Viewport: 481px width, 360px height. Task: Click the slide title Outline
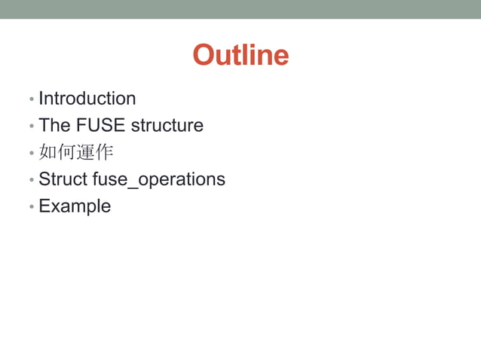(x=240, y=55)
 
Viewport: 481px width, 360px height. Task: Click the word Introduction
(x=87, y=99)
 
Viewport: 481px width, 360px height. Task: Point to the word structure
(x=167, y=125)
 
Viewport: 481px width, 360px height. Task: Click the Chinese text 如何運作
(x=75, y=152)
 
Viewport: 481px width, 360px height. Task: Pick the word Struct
(x=63, y=179)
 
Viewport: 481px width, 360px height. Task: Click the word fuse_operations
(x=158, y=180)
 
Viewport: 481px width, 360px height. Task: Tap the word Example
(x=75, y=206)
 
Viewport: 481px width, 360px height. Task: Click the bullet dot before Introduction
(x=31, y=99)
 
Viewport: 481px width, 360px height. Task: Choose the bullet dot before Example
(x=31, y=207)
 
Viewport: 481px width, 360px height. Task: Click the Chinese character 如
(x=47, y=152)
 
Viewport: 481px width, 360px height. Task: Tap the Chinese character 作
(x=104, y=152)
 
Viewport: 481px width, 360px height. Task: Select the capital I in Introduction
(x=41, y=99)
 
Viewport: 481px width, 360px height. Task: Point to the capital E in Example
(x=44, y=206)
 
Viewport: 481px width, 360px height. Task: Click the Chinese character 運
(x=85, y=152)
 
